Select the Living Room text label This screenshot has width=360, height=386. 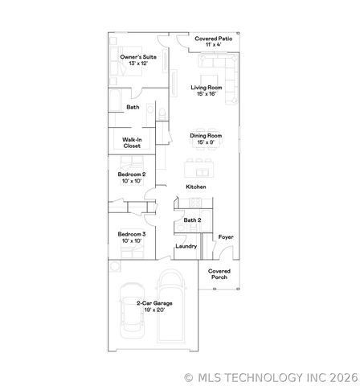tap(207, 90)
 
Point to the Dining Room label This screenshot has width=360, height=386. tap(206, 138)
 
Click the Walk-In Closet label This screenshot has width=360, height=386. tap(132, 143)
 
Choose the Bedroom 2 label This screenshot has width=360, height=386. tap(132, 178)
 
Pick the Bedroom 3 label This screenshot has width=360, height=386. tap(132, 237)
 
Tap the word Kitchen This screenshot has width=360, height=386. tap(196, 187)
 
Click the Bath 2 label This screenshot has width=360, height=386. tap(192, 220)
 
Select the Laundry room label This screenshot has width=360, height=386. tap(186, 246)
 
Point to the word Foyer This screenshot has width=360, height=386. tap(226, 237)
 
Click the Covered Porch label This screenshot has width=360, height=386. tap(219, 274)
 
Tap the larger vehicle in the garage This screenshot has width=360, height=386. tap(170, 310)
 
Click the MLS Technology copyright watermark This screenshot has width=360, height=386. tap(271, 376)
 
